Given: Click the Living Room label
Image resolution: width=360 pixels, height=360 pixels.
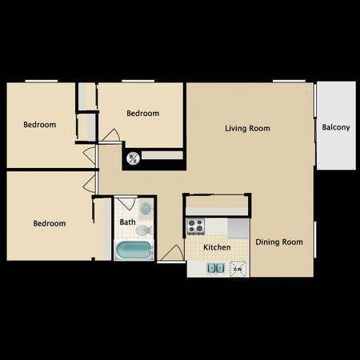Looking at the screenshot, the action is [247, 129].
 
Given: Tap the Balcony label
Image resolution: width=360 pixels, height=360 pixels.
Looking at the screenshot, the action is [336, 127].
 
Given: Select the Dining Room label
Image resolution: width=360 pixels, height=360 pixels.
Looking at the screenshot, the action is [279, 242].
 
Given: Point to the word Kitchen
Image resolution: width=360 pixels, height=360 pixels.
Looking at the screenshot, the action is [217, 247].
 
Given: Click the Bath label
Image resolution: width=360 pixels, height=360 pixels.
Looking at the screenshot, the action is [127, 222].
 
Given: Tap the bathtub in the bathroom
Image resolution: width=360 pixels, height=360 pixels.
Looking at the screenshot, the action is [134, 250].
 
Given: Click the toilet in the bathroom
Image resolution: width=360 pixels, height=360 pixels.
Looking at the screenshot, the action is [144, 230].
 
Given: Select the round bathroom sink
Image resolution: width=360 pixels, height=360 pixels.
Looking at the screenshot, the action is [146, 208].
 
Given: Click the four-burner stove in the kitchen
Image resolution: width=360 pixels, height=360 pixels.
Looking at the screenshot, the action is [195, 226].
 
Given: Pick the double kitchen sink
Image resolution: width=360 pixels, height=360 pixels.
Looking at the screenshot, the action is [215, 268].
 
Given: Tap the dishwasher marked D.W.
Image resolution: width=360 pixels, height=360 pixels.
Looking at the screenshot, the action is [238, 269].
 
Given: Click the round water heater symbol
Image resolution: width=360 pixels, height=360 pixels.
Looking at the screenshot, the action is [133, 158].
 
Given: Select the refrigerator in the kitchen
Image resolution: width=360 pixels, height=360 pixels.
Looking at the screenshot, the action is [238, 228].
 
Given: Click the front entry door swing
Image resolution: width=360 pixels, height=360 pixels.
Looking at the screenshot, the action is [173, 253].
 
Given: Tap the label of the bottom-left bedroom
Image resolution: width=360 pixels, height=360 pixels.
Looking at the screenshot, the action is [50, 223].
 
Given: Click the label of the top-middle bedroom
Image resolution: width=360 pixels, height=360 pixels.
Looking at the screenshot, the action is [143, 114].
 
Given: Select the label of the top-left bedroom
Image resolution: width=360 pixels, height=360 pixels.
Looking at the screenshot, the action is [40, 125].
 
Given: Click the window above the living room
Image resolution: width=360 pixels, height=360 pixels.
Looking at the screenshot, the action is [289, 81].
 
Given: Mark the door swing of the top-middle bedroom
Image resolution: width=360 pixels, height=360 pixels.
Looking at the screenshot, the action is [110, 135].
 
